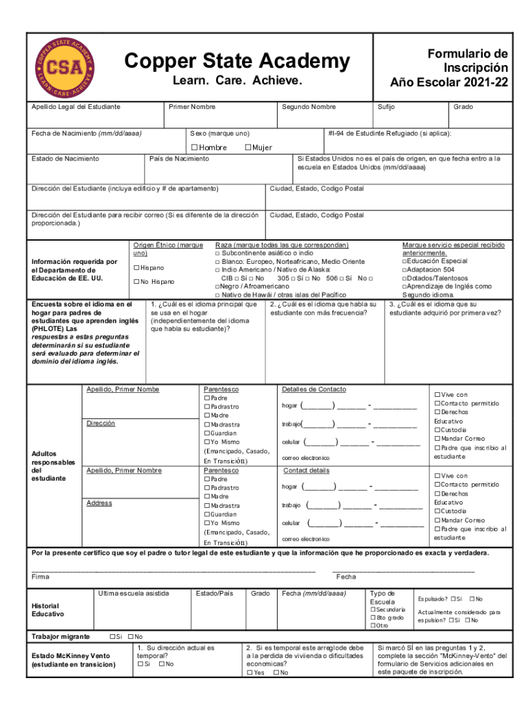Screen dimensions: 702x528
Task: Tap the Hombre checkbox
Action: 195,147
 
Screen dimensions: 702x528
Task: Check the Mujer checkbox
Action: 248,147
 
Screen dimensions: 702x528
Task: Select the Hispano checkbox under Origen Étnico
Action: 136,267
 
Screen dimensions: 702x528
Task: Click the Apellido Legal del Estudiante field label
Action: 76,107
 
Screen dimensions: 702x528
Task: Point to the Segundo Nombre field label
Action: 309,107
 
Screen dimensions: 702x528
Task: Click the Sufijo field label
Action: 385,107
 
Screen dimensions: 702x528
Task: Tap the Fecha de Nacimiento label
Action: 86,133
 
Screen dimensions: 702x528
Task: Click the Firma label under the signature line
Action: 40,577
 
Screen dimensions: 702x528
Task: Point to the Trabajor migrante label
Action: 60,637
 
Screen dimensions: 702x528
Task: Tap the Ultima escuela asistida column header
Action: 133,593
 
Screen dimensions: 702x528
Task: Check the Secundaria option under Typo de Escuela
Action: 373,609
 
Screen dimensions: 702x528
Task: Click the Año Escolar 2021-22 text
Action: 449,82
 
